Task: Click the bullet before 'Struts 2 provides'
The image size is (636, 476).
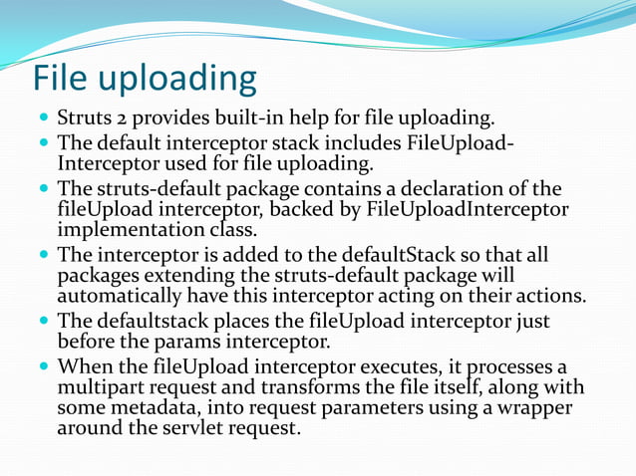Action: (x=45, y=119)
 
